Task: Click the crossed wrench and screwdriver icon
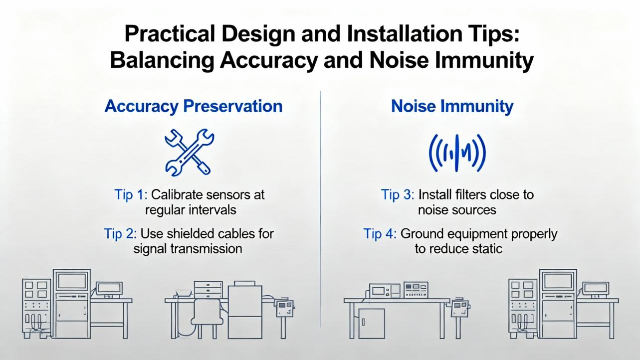click(x=189, y=152)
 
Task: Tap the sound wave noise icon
click(x=457, y=153)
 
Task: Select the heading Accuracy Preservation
click(x=194, y=106)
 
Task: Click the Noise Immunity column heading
click(x=452, y=106)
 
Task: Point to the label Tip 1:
click(x=131, y=194)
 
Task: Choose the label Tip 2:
click(x=120, y=234)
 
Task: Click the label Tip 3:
click(x=398, y=194)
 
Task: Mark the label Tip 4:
click(x=380, y=234)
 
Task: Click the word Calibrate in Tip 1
click(x=177, y=194)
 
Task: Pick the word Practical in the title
click(x=170, y=34)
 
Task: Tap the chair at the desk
click(x=207, y=318)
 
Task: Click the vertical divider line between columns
click(x=320, y=209)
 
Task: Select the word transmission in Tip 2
click(x=207, y=249)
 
